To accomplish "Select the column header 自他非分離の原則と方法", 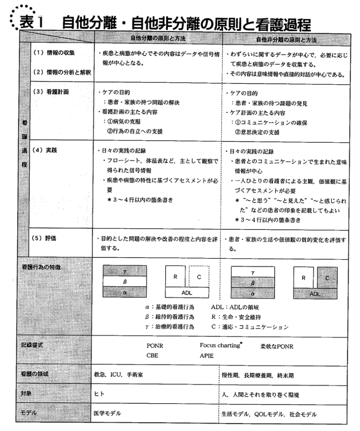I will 286,40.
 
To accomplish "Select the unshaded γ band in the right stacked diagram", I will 253,272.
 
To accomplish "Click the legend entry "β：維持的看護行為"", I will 169,317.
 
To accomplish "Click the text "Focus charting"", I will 220,346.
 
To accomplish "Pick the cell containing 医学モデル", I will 107,413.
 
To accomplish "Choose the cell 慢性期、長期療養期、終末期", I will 257,374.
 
